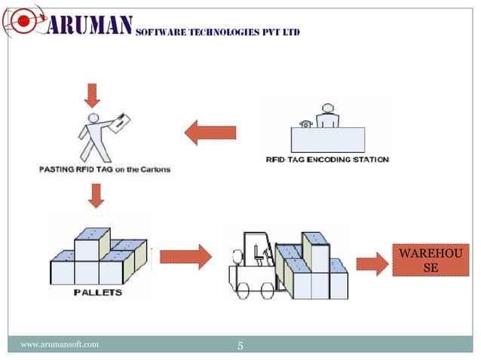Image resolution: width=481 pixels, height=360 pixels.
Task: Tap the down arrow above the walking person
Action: tap(92, 95)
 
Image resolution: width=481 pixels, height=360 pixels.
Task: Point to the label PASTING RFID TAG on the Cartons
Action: tap(104, 169)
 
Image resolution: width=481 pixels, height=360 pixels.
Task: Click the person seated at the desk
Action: tap(326, 117)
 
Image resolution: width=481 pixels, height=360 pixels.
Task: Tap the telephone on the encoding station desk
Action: tap(305, 124)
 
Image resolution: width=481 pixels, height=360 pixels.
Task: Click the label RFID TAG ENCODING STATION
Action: tap(327, 160)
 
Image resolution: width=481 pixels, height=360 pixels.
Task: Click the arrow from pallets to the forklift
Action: tap(185, 256)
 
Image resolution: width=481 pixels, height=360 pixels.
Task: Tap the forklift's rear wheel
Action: tap(245, 285)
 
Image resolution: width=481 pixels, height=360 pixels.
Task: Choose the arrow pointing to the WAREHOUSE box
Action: tap(370, 264)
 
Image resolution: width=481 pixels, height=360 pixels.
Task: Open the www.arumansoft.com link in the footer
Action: tap(60, 344)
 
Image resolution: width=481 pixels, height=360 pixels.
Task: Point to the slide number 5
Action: tap(240, 346)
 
